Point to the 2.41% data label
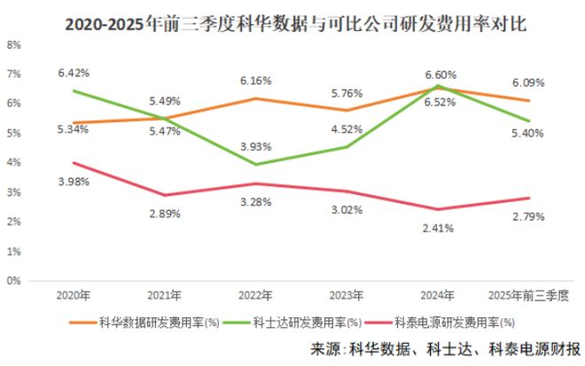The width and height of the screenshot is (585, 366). coord(438,228)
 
